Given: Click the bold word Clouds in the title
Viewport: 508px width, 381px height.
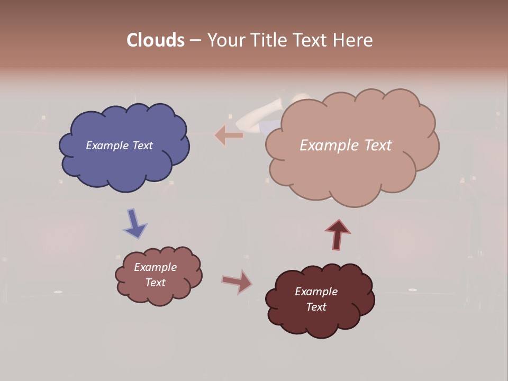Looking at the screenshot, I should [156, 40].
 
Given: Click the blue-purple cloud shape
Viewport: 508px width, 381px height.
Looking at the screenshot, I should [124, 164].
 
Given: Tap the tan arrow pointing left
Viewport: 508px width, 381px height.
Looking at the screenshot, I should [229, 135].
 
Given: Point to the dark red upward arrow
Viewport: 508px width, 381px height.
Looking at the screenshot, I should [338, 234].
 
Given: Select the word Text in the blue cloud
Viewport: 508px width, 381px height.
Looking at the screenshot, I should [142, 146].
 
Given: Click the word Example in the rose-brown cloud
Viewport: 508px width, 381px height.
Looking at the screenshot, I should [156, 267].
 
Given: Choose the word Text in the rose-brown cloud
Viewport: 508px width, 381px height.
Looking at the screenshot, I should [156, 283].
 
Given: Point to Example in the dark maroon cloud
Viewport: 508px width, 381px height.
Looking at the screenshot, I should [316, 292].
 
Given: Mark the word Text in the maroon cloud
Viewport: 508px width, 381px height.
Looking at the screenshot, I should [316, 307].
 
